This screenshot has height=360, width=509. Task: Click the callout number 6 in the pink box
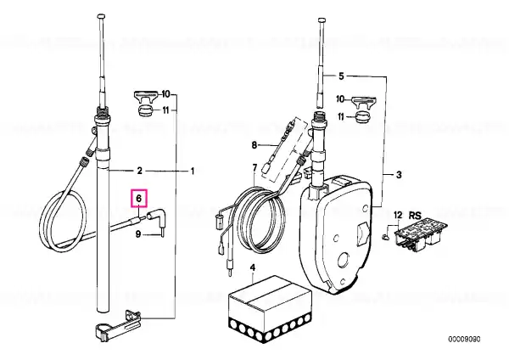tap(137, 199)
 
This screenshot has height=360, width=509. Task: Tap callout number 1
tap(192, 171)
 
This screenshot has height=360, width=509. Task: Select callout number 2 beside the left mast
tap(141, 171)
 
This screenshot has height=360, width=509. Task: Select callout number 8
tap(253, 144)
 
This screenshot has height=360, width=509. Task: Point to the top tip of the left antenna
tap(101, 17)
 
